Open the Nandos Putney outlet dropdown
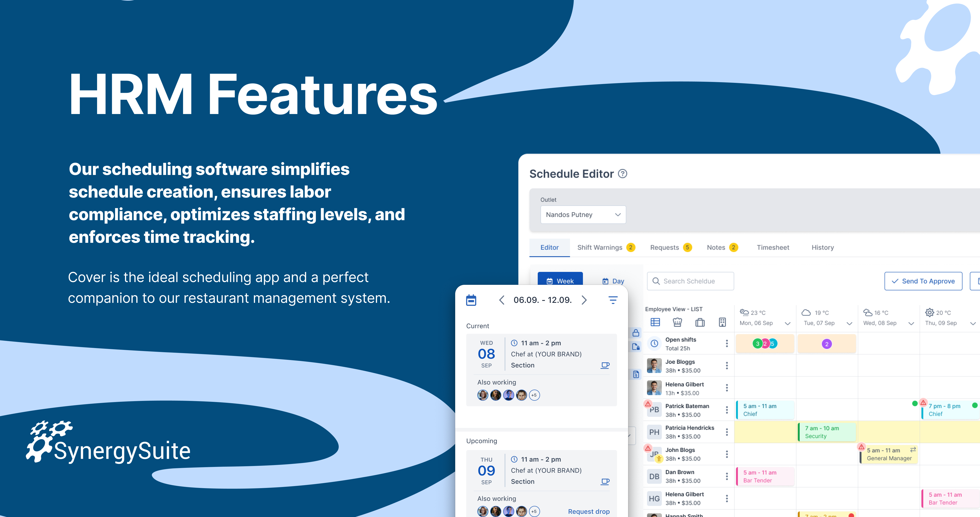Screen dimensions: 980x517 (x=583, y=215)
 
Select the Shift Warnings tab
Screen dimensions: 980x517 (x=606, y=247)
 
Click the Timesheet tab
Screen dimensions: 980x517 (x=773, y=247)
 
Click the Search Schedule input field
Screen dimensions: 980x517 (x=690, y=281)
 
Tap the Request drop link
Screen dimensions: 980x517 (x=588, y=511)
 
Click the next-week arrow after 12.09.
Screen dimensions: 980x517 (x=584, y=300)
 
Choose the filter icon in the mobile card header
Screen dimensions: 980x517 (x=613, y=300)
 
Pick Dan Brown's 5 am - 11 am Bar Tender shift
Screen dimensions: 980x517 (x=765, y=476)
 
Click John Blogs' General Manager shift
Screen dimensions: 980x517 (x=889, y=454)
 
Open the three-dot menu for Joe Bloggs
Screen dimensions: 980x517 (x=727, y=366)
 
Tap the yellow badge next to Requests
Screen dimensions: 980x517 (x=687, y=247)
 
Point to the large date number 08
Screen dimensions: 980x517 (x=486, y=354)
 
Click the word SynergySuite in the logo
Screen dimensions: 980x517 (x=122, y=451)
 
